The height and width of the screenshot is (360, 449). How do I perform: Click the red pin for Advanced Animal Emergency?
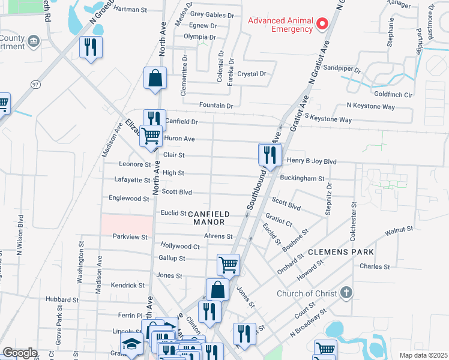[x=322, y=24]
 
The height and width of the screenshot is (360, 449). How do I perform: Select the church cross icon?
[x=345, y=293]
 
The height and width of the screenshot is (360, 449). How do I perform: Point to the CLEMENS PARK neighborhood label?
[x=341, y=252]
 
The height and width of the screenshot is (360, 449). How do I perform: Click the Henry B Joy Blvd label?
[x=313, y=161]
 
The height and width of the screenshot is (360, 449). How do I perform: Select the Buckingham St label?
[x=305, y=179]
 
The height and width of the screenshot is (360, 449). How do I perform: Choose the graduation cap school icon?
[x=130, y=344]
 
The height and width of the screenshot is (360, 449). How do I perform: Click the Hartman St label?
[x=130, y=10]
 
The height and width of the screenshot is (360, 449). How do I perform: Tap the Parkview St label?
[x=130, y=237]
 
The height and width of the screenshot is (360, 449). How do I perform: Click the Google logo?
[x=20, y=353]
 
